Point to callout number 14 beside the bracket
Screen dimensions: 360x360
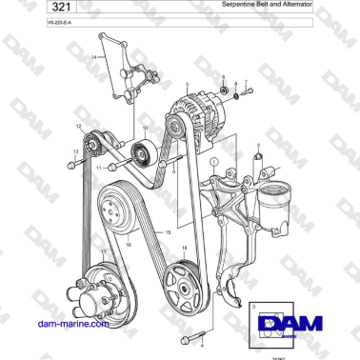(x=93, y=58)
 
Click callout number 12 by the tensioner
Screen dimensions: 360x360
(x=78, y=126)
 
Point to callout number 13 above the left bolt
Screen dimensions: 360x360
(x=73, y=150)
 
